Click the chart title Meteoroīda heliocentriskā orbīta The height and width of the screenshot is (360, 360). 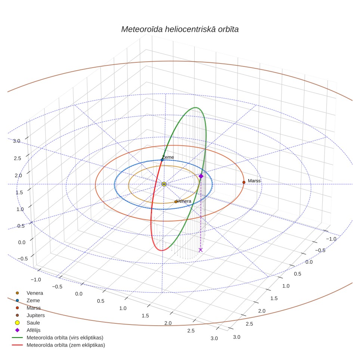pyautogui.click(x=180, y=29)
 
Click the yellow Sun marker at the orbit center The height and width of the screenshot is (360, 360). pyautogui.click(x=164, y=184)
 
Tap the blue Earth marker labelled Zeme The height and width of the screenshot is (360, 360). pyautogui.click(x=162, y=160)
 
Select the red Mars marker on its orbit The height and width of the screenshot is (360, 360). pyautogui.click(x=244, y=182)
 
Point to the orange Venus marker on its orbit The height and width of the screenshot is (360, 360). pyautogui.click(x=176, y=202)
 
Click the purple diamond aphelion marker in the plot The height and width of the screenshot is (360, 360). pyautogui.click(x=201, y=176)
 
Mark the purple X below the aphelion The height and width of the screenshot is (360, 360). pyautogui.click(x=201, y=250)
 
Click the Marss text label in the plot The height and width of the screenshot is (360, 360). pyautogui.click(x=254, y=181)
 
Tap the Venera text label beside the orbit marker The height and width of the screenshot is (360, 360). pyautogui.click(x=184, y=201)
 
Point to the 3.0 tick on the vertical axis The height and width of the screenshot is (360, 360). pyautogui.click(x=16, y=141)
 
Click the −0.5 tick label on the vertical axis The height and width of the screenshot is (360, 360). pyautogui.click(x=22, y=258)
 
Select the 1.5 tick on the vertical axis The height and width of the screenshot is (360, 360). pyautogui.click(x=19, y=192)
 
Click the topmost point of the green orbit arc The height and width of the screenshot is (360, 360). pyautogui.click(x=195, y=108)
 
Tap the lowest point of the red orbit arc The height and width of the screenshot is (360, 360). pyautogui.click(x=162, y=251)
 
